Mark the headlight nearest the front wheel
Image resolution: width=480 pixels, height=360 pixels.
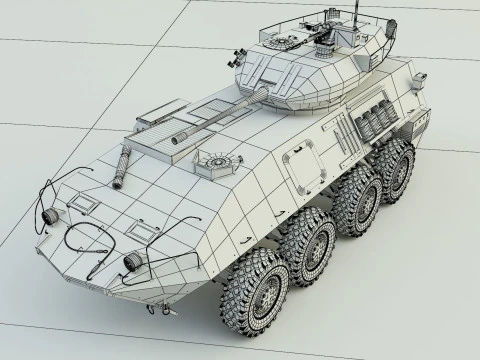pos(134,259)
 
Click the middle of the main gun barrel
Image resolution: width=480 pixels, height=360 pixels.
pos(215,119)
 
